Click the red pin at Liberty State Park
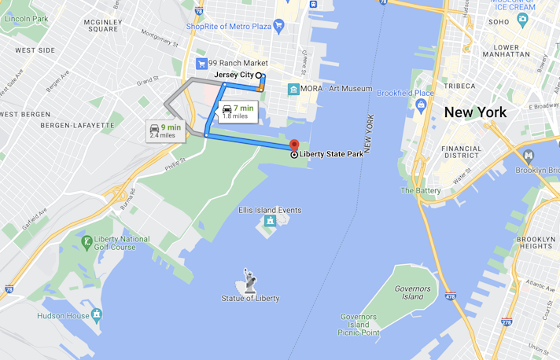[293, 145]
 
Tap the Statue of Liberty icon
[249, 279]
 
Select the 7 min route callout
[236, 112]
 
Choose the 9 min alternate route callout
[165, 131]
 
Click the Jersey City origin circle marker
[259, 75]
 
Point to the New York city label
[475, 112]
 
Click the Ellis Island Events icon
[270, 221]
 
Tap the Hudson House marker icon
[97, 314]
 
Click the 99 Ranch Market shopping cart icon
[202, 64]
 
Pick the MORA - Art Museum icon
[293, 89]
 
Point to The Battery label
[421, 190]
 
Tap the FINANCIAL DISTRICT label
[462, 152]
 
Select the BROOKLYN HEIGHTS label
[535, 241]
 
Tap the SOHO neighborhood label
[499, 22]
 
